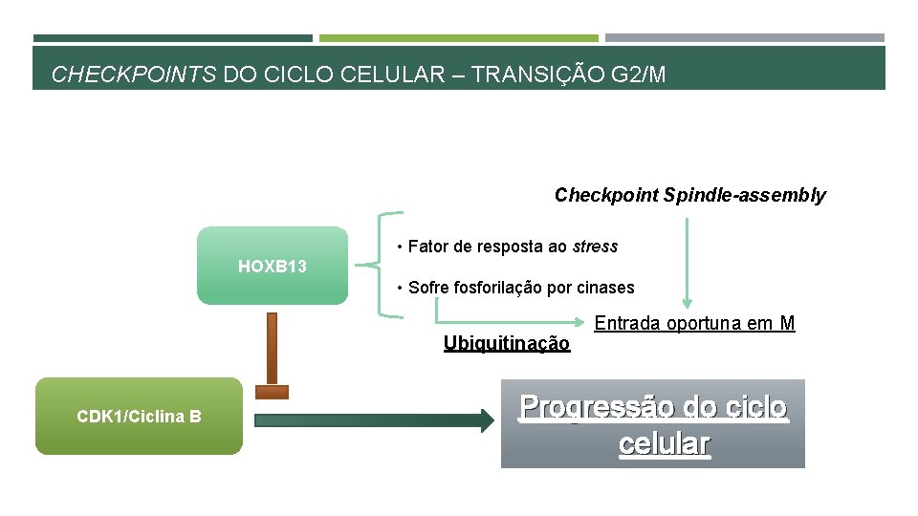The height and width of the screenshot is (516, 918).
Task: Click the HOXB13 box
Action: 273,266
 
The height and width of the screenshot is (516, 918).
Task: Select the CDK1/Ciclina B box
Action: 139,416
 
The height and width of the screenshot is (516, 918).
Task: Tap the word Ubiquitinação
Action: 506,344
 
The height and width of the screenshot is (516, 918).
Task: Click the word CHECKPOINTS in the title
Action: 133,75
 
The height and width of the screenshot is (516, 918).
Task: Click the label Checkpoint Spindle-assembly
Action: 689,196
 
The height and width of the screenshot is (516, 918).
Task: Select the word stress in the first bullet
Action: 595,247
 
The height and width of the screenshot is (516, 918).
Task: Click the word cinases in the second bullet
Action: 605,288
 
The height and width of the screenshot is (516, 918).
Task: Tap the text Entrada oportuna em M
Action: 694,324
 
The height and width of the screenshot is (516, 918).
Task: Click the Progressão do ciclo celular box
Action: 653,423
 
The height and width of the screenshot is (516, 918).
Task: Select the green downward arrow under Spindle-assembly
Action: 685,263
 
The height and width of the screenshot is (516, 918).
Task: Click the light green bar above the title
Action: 458,38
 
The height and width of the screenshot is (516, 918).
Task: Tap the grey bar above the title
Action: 744,38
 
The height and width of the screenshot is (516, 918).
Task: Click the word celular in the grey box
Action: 664,444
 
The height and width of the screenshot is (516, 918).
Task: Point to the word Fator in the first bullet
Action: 427,247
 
